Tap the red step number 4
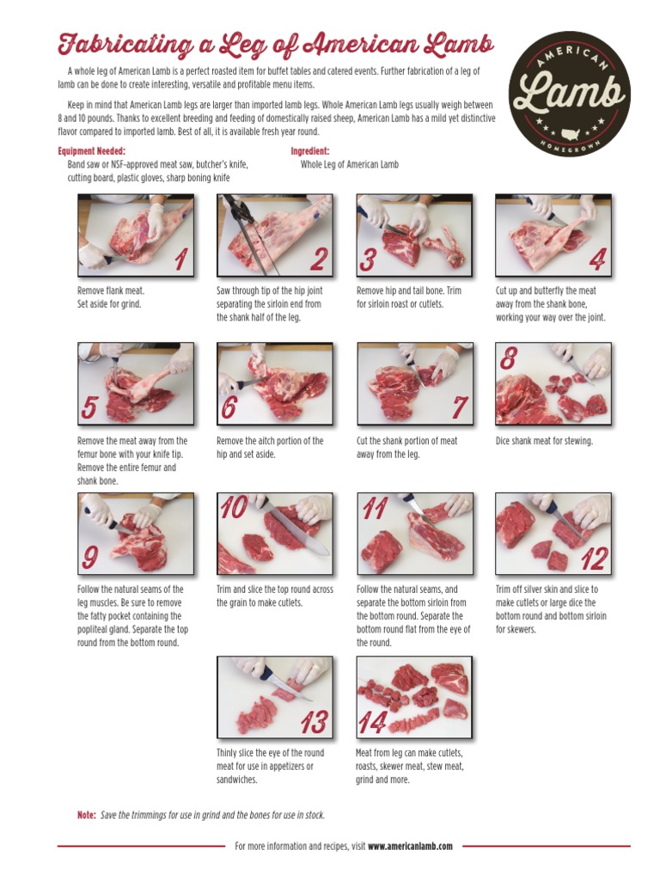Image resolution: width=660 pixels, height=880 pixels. [597, 258]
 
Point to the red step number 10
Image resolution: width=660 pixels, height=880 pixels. [234, 509]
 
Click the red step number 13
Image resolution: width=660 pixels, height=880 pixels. [314, 723]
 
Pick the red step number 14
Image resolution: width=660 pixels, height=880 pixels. [371, 724]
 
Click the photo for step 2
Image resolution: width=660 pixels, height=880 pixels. [274, 235]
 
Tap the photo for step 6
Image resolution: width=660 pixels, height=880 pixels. [274, 383]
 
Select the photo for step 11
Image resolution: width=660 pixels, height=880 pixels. [414, 534]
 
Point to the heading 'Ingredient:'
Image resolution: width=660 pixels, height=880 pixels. [310, 150]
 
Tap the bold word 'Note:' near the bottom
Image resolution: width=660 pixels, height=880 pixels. [86, 815]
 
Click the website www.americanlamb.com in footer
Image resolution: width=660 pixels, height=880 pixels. [410, 846]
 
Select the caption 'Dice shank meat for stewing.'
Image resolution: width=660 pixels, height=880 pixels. [544, 441]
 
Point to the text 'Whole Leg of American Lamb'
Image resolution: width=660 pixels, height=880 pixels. [350, 164]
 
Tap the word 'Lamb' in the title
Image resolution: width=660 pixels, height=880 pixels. [455, 45]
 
